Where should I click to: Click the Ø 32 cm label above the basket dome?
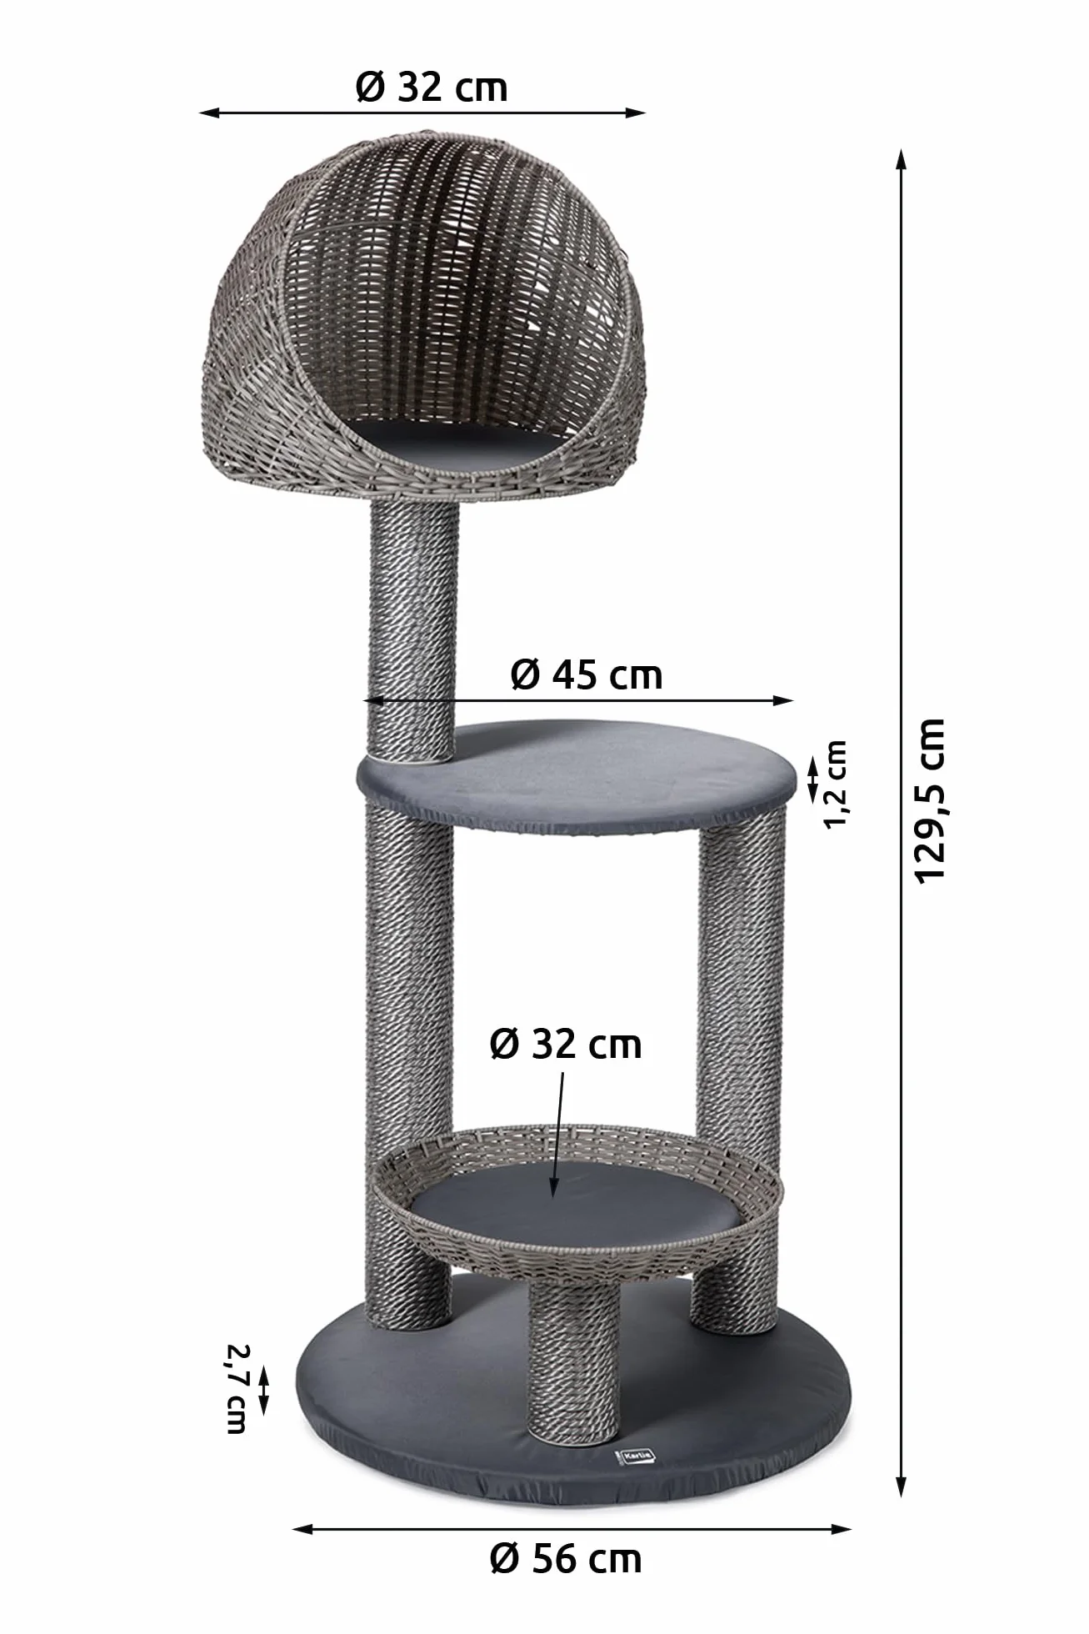432,87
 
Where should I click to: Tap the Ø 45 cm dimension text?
587,674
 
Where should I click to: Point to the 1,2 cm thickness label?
835,784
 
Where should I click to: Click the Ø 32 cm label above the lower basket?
566,1045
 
